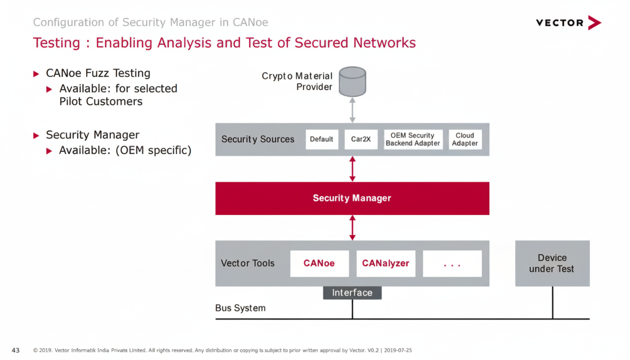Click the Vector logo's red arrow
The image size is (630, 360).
594,22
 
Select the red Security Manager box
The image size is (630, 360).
352,198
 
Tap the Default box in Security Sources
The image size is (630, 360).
322,139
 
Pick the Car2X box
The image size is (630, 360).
361,139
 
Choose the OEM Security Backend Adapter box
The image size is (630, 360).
412,139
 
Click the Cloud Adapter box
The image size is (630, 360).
465,139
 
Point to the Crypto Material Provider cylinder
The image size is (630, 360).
352,81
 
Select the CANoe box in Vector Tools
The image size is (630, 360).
319,263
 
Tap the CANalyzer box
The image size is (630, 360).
385,263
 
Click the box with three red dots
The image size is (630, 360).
452,263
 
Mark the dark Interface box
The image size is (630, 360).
352,293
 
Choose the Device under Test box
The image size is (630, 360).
552,263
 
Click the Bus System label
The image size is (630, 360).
240,308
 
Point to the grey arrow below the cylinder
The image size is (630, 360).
352,110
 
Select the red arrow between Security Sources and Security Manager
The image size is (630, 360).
352,169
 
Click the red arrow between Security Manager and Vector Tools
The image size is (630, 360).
352,228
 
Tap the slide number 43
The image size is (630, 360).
15,350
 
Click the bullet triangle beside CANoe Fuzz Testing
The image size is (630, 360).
37,74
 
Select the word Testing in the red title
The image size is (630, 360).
56,43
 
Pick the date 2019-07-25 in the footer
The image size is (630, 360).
397,350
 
